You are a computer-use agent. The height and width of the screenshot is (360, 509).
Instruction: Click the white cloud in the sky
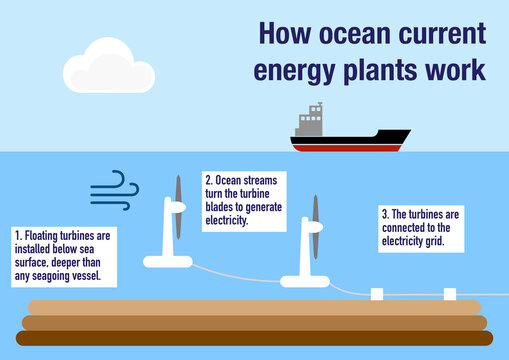point(107,67)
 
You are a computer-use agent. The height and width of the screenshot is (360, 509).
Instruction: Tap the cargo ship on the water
point(350,136)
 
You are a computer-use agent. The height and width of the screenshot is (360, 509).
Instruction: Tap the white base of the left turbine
point(167,262)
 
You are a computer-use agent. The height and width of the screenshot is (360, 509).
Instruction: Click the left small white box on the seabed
point(377,294)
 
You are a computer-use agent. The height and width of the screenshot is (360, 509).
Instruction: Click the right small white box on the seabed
point(449,294)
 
